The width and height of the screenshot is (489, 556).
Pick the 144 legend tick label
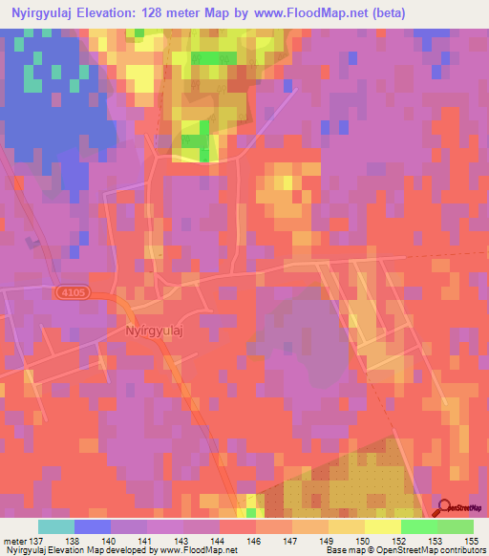tap(220, 541)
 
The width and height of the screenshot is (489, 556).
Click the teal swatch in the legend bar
tap(56, 526)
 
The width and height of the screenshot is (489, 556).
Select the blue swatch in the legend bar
tap(93, 526)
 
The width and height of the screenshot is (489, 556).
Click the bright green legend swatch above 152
tap(419, 526)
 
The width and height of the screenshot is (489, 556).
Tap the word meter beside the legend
tap(14, 541)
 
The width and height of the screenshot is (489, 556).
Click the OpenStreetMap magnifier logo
tap(444, 508)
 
